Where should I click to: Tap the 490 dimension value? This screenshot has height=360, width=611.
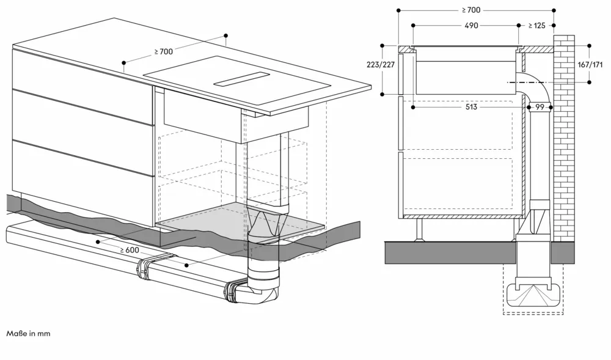pos(470,26)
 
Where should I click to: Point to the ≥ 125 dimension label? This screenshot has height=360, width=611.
pos(538,26)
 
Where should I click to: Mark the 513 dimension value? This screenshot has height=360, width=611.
pos(470,108)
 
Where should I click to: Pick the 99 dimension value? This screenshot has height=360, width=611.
pos(540,108)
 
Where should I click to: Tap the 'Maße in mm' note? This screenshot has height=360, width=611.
pos(29,334)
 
